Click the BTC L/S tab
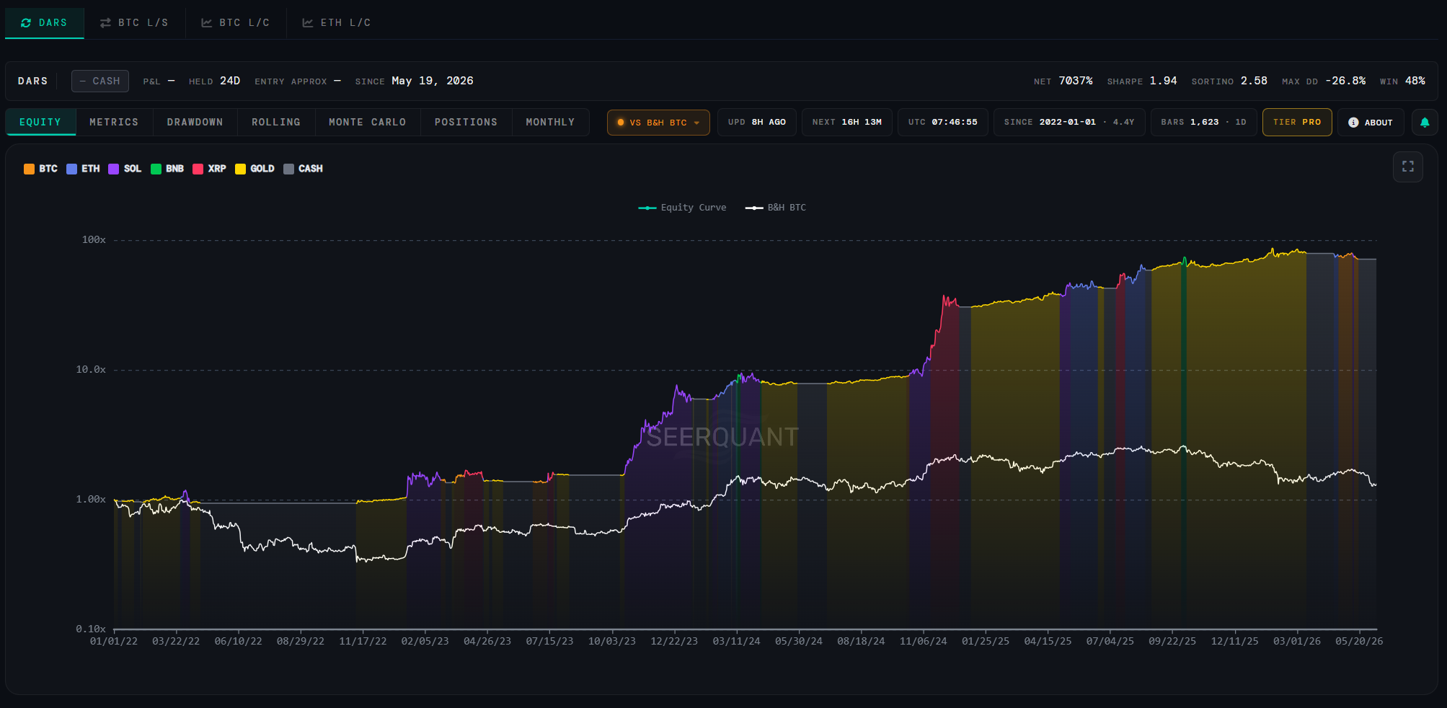tap(134, 23)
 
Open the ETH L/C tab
tap(336, 23)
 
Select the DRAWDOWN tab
tap(195, 123)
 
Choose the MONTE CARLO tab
tap(367, 123)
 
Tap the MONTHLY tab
tap(550, 123)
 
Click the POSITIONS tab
tap(466, 123)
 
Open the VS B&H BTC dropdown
tap(658, 123)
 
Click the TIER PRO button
tap(1297, 123)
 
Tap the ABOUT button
tap(1371, 123)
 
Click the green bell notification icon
tap(1425, 123)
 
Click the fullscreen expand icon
tap(1408, 167)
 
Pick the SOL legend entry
tap(125, 169)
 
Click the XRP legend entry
tap(210, 169)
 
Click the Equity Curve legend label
tap(694, 208)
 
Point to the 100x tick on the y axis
tap(94, 240)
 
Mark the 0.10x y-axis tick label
tap(91, 629)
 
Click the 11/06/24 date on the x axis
tap(923, 642)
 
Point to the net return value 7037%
tap(1076, 81)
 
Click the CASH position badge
tap(100, 81)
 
